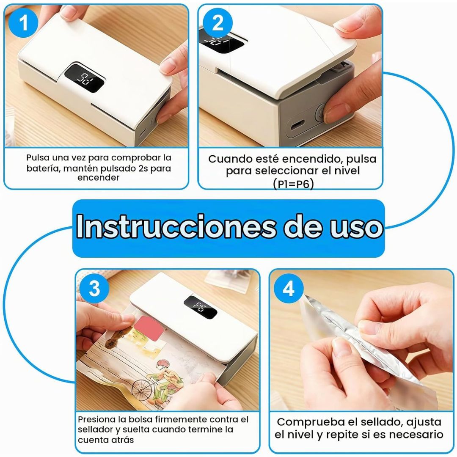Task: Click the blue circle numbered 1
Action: coord(23,23)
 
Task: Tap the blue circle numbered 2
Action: coord(217,23)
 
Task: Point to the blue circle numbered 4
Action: coord(289,289)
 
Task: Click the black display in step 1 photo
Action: coord(84,78)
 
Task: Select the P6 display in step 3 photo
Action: coord(200,307)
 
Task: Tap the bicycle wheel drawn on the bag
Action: coord(142,390)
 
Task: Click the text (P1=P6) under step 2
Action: coord(294,184)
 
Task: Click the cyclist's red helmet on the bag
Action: coord(162,364)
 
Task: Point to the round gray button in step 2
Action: coord(321,111)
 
